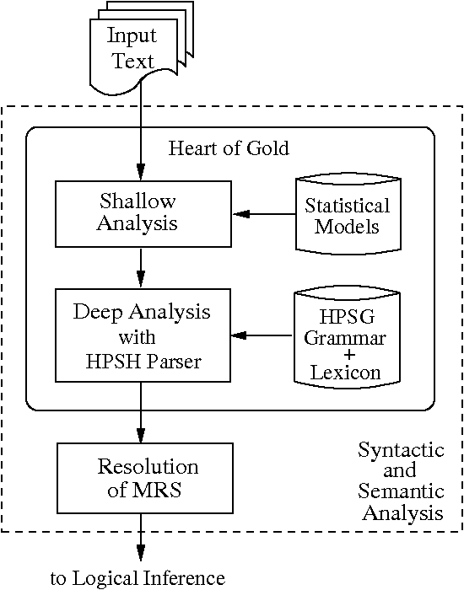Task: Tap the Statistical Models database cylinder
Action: point(347,216)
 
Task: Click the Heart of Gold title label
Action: point(229,149)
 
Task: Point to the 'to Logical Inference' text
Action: point(138,577)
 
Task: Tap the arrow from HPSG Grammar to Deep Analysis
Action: point(262,335)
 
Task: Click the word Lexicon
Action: point(344,371)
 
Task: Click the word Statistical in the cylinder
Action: point(347,206)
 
